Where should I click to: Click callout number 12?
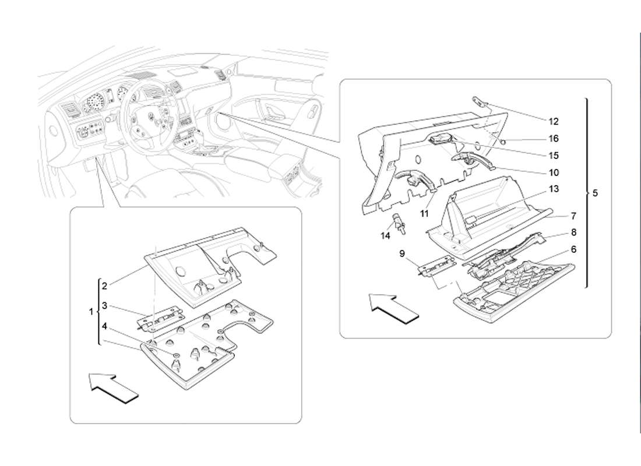pyautogui.click(x=553, y=121)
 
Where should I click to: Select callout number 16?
pyautogui.click(x=553, y=139)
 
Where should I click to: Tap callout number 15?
pyautogui.click(x=553, y=156)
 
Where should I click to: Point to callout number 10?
pyautogui.click(x=553, y=172)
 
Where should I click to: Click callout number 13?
pyautogui.click(x=553, y=189)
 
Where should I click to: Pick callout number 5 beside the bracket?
pyautogui.click(x=595, y=193)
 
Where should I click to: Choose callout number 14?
pyautogui.click(x=386, y=236)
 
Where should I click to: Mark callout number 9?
pyautogui.click(x=402, y=254)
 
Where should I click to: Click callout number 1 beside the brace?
pyautogui.click(x=91, y=312)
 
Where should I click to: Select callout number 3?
pyautogui.click(x=105, y=305)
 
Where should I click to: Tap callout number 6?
pyautogui.click(x=573, y=249)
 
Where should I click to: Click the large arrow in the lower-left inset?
pyautogui.click(x=114, y=387)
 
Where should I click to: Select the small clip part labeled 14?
pyautogui.click(x=399, y=223)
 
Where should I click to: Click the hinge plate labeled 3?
pyautogui.click(x=160, y=320)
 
